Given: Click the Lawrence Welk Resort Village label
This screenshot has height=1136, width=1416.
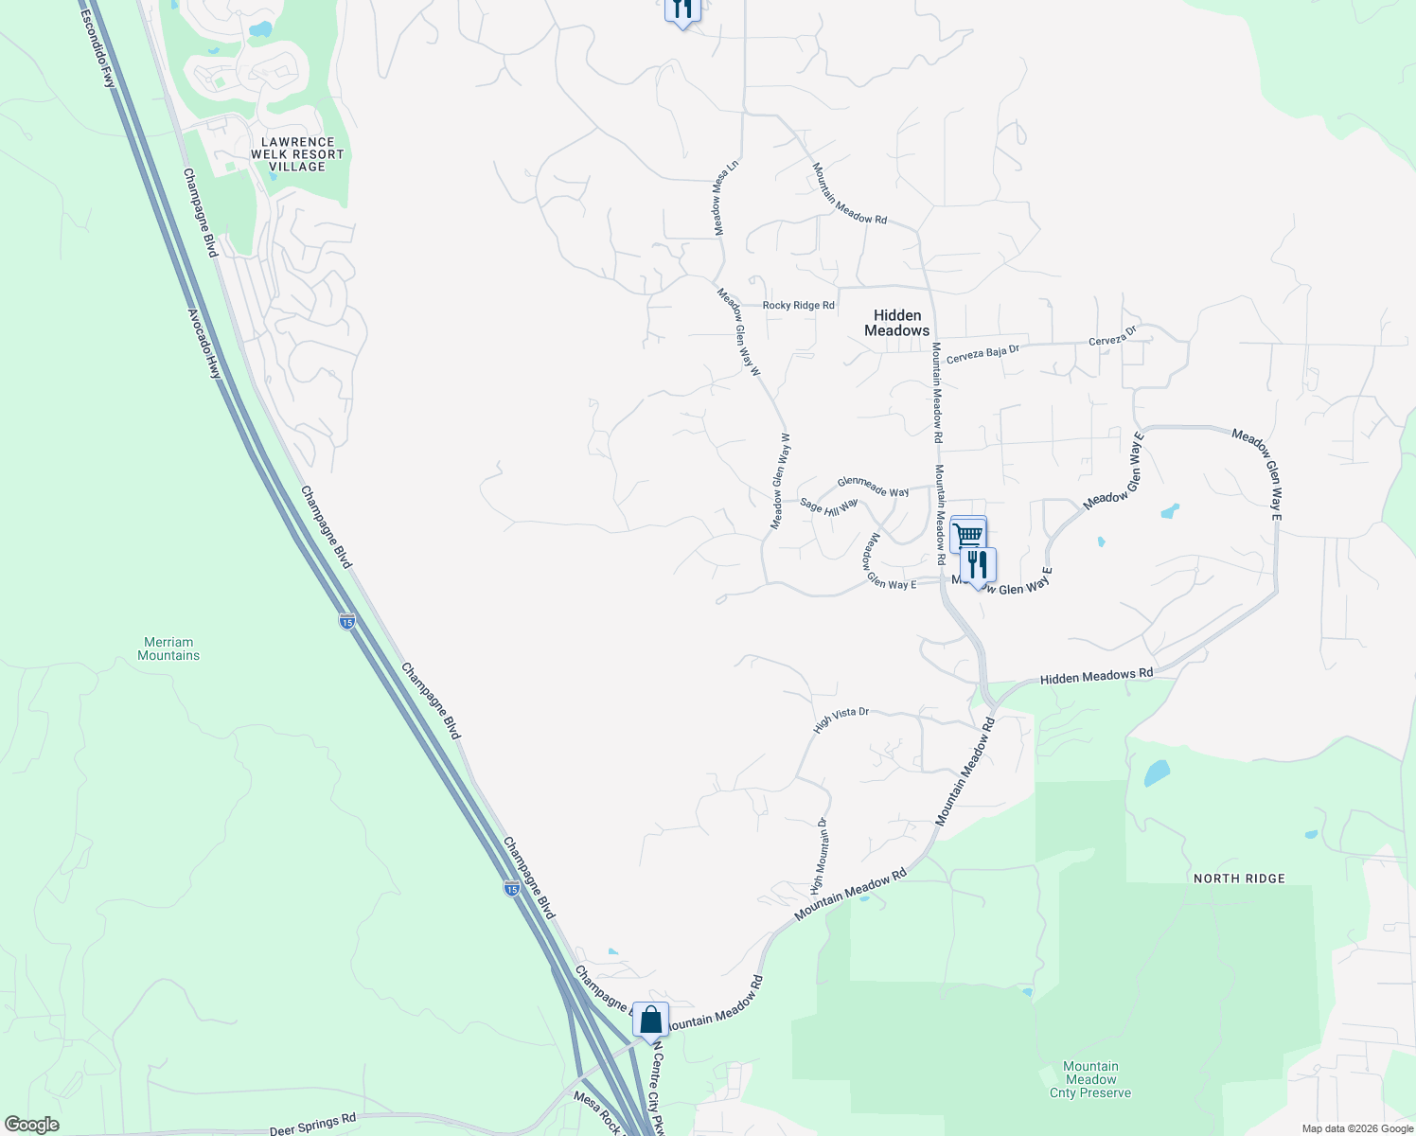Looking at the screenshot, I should point(297,154).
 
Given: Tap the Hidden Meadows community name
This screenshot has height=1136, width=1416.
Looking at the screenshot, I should point(896,323).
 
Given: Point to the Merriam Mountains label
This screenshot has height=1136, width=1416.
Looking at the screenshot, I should point(168,648).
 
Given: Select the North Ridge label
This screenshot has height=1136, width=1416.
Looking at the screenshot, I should point(1239,879).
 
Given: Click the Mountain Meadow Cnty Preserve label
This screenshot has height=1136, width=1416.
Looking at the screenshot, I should point(1090,1079).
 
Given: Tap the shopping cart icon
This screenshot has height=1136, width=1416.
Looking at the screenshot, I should point(967,535).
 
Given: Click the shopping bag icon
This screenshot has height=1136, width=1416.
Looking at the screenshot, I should point(650,1021).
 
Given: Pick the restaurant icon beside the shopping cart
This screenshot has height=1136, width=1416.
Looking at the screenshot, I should point(978,565).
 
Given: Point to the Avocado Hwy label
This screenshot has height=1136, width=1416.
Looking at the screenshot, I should point(204,344).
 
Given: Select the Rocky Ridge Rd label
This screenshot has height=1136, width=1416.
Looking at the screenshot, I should point(798,306).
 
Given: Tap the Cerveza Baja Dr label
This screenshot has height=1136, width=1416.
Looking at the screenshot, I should point(982,353).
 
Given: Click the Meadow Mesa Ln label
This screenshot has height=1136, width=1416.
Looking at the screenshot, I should point(725,198).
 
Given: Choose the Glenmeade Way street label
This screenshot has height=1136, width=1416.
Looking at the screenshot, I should point(873,488).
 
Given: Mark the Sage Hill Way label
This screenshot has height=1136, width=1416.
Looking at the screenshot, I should point(828,506).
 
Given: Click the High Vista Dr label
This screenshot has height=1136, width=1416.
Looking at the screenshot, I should point(841,719).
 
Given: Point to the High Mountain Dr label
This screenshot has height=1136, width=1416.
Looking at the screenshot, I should point(819,856).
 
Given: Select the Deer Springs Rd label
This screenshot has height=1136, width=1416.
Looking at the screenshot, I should point(312,1125).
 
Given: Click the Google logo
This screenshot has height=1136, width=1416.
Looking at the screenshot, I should point(31,1125).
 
